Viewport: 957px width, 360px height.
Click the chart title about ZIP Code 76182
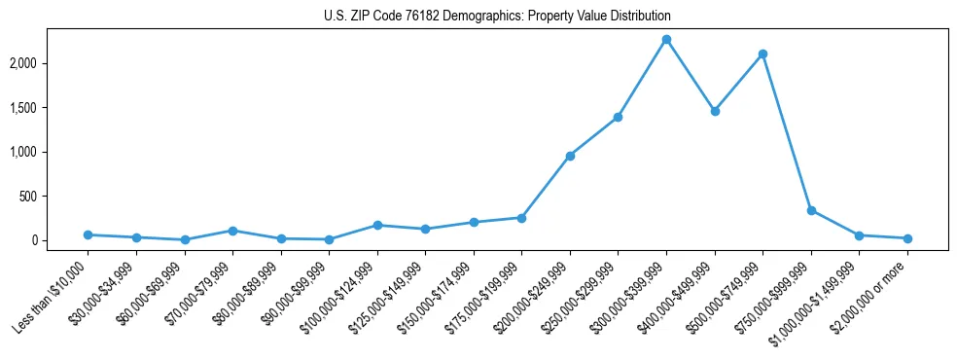[x=497, y=17]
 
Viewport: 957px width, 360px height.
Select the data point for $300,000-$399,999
[x=666, y=40]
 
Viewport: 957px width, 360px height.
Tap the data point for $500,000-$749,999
[x=762, y=54]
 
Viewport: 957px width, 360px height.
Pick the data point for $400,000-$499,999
[x=715, y=111]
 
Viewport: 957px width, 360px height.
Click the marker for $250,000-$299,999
[x=618, y=117]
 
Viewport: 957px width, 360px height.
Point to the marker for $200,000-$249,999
[x=570, y=156]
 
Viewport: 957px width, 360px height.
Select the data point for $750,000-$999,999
[x=811, y=210]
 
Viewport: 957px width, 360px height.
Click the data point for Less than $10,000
[x=88, y=234]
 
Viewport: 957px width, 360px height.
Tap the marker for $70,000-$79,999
[x=232, y=231]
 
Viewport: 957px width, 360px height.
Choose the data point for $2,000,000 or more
[x=907, y=238]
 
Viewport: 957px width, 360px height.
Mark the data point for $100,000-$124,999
[x=377, y=225]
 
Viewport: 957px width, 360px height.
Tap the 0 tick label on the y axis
[x=62, y=240]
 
